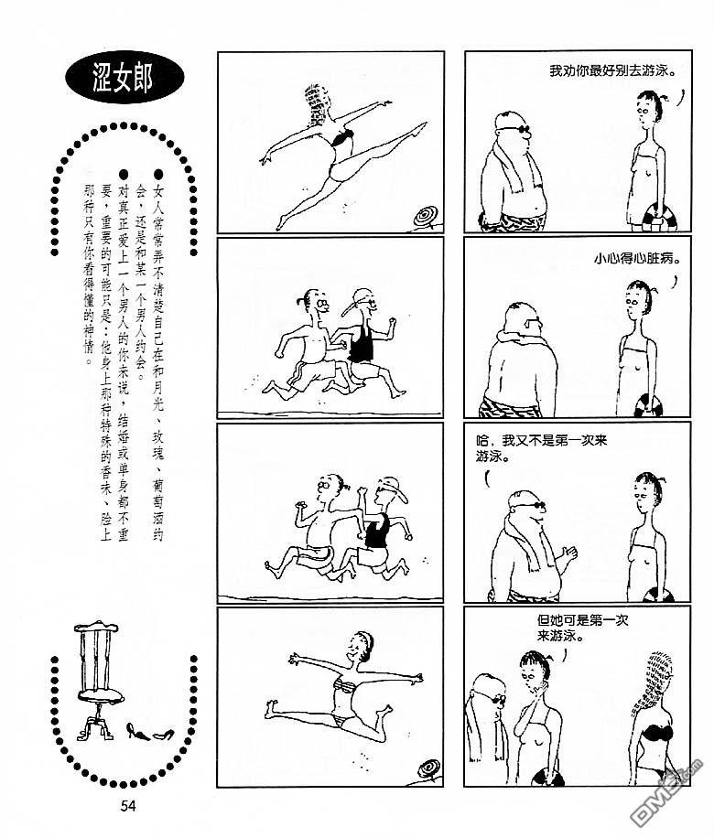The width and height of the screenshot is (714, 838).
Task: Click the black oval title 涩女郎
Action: [124, 78]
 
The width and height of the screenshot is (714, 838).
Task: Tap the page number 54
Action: [128, 805]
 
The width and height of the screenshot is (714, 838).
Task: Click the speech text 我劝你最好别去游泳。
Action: [612, 71]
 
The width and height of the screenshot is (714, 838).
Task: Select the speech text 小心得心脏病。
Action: [638, 259]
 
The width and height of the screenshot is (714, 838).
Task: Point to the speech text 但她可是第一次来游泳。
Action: [582, 628]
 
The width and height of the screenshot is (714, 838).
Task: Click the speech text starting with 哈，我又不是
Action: [541, 449]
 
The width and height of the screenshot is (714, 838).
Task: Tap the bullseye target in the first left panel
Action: [427, 217]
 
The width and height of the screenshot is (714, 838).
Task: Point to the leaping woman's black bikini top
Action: [343, 138]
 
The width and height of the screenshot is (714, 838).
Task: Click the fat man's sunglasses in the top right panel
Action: [514, 128]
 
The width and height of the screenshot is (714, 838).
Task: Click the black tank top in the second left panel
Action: [361, 342]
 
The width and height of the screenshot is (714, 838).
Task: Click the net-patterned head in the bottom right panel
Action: [658, 675]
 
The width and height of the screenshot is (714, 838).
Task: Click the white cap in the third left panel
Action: [393, 488]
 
